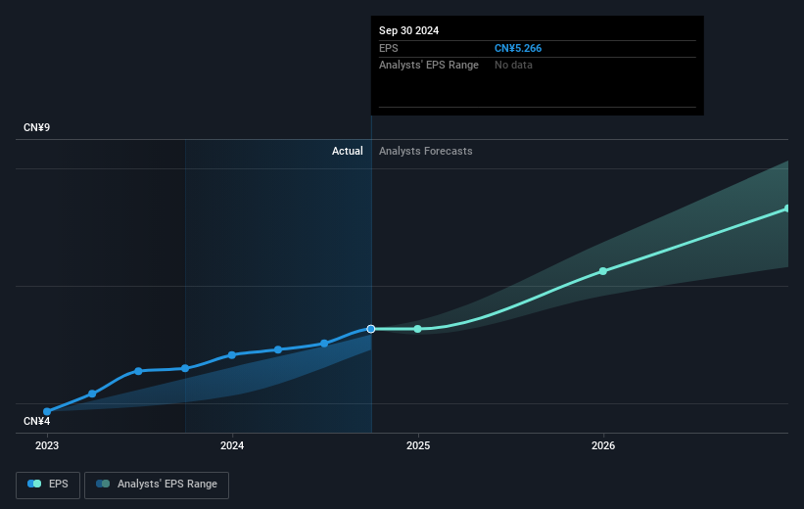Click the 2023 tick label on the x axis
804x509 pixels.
[x=47, y=445]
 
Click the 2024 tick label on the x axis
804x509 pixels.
[x=232, y=445]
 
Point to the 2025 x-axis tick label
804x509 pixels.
[x=418, y=445]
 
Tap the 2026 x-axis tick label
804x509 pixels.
[x=603, y=445]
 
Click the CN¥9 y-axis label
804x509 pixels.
[x=38, y=128]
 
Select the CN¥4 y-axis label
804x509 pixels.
[x=38, y=421]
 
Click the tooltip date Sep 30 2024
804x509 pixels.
[x=409, y=30]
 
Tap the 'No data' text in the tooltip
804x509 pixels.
[x=514, y=65]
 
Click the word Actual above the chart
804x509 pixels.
[x=347, y=151]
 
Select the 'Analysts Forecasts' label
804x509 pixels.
[x=426, y=151]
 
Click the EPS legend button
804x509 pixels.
[x=48, y=484]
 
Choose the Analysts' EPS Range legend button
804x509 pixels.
[x=157, y=484]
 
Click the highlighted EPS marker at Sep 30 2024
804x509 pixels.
[x=371, y=329]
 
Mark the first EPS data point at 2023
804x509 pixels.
[x=47, y=412]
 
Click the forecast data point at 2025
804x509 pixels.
[x=418, y=329]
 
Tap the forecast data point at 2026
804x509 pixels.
[x=603, y=271]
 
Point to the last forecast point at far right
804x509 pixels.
[x=787, y=208]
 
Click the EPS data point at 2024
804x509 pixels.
[x=232, y=354]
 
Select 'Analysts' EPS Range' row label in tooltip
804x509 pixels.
[x=429, y=65]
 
